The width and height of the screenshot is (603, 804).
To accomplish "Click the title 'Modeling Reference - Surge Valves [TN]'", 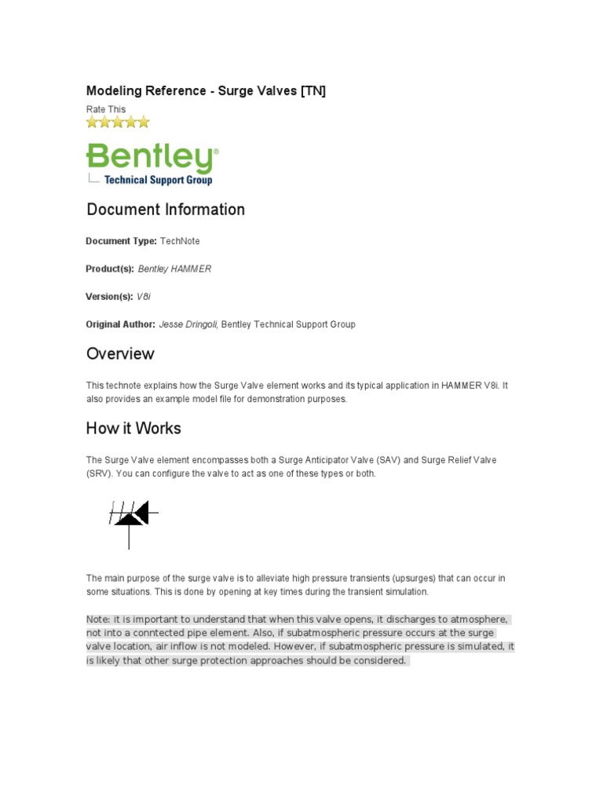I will coord(205,91).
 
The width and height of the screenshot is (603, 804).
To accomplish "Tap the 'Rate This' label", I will coord(105,109).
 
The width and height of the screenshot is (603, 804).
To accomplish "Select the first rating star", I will coord(92,122).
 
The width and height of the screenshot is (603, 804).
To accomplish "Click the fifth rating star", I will coord(143,122).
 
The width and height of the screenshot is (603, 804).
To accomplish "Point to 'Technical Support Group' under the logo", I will coord(158,180).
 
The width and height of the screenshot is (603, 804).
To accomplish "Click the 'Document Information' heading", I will coord(166,210).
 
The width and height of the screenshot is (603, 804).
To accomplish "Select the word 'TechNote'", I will coord(180,241).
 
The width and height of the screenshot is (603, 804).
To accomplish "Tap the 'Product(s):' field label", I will coord(110,269).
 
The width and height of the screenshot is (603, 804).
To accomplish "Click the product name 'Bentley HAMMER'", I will coord(174,269).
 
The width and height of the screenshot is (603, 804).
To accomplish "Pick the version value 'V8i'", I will coord(143,297).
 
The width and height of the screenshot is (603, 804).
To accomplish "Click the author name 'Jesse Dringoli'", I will coord(188,324).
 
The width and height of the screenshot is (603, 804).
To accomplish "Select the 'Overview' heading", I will coord(120,353).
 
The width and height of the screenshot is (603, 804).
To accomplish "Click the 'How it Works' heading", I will coord(133,428).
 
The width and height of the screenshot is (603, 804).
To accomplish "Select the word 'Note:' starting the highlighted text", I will coord(98,619).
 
